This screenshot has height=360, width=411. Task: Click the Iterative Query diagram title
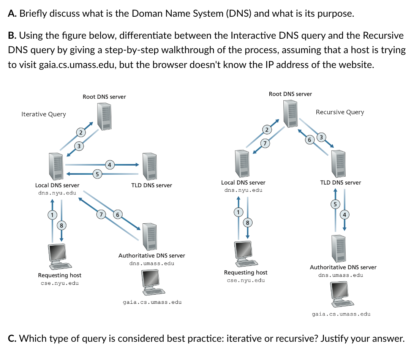[44, 114]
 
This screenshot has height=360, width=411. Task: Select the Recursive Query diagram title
[340, 112]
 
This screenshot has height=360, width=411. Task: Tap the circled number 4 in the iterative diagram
[109, 165]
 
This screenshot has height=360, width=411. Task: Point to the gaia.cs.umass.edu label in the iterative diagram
[152, 302]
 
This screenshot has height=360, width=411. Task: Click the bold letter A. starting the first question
[12, 14]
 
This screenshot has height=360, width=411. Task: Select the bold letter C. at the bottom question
[12, 338]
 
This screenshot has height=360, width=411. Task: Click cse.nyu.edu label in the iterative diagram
[60, 283]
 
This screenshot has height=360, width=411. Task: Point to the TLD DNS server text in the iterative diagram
[152, 185]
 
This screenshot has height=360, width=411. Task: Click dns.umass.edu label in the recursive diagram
[341, 275]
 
